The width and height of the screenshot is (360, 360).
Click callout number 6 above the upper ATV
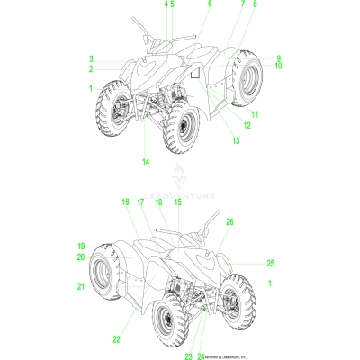(x=210, y=4)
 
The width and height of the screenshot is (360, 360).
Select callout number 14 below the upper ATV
(x=145, y=161)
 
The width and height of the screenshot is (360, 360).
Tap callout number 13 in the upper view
(x=237, y=141)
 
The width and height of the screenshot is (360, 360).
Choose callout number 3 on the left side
(x=91, y=59)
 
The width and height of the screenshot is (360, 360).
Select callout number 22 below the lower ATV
(x=116, y=339)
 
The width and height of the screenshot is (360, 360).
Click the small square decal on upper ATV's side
(x=193, y=76)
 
